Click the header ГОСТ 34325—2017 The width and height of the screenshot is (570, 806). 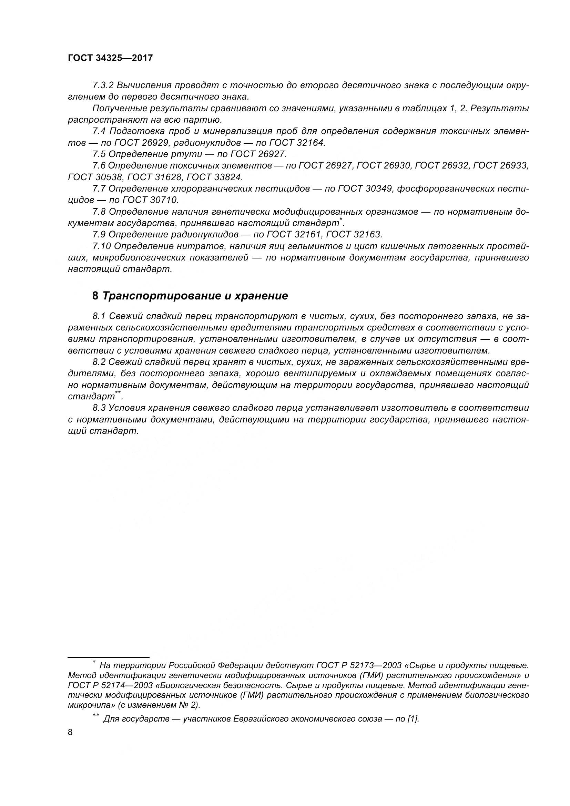coord(110,58)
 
